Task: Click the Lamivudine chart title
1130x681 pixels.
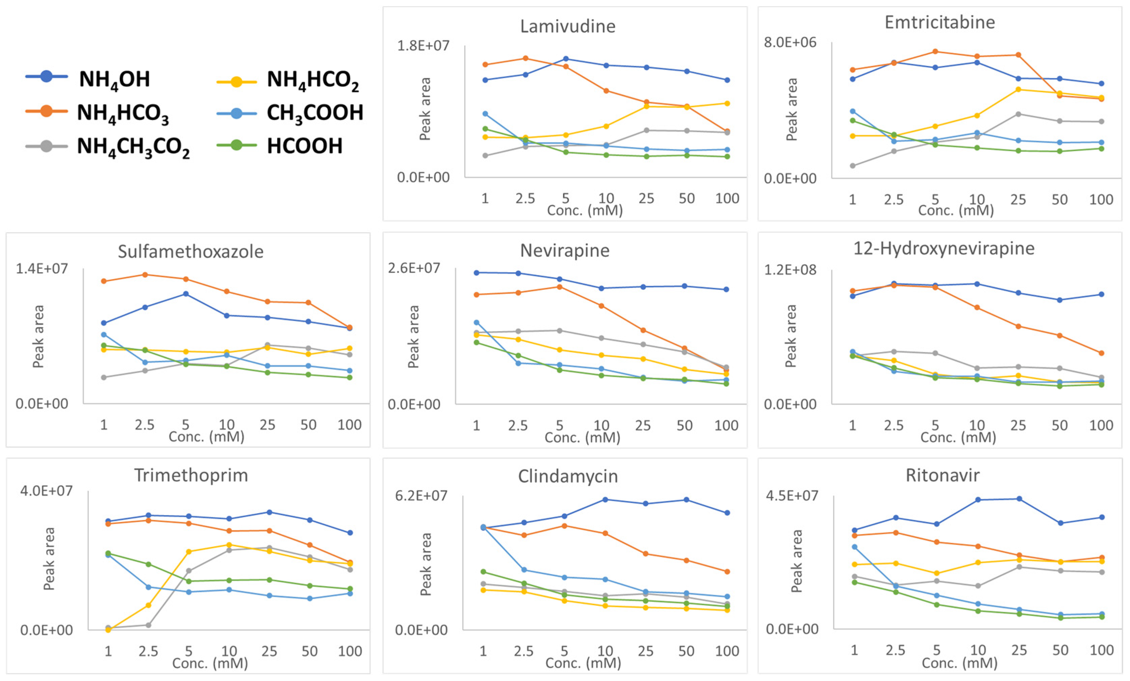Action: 568,26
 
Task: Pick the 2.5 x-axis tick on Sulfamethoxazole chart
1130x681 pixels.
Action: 145,425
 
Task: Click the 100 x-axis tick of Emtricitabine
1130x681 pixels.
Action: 1101,200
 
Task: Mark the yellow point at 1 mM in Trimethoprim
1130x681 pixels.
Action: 108,629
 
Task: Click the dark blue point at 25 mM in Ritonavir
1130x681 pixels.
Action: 1019,499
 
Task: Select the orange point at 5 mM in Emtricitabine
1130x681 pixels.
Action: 935,51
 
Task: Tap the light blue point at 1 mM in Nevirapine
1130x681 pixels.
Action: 477,322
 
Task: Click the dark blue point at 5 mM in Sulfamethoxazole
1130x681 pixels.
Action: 186,294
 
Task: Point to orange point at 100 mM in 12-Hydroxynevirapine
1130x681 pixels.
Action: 1101,353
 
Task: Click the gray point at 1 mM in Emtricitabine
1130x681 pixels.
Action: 852,166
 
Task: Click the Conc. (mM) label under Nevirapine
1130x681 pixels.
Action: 583,437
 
